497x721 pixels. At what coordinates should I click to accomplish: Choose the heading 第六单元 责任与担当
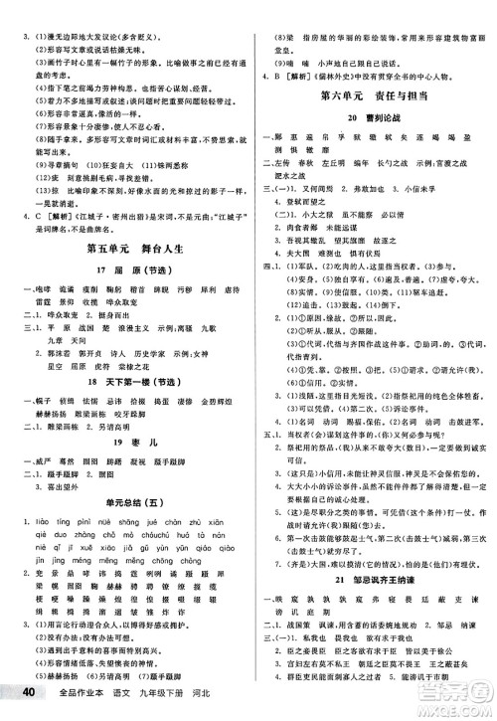tap(373, 95)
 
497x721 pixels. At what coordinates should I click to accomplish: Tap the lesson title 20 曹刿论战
tap(374, 119)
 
